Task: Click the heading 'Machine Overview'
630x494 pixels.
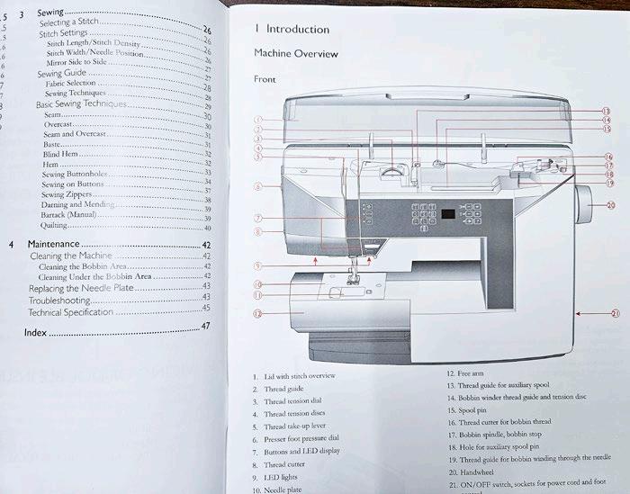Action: click(296, 54)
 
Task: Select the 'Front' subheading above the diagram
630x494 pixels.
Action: click(265, 79)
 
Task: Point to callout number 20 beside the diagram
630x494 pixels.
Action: click(611, 206)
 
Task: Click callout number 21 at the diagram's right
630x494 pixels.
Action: click(615, 314)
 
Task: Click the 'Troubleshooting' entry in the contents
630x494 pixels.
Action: click(59, 298)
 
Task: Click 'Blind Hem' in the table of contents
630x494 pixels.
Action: click(61, 154)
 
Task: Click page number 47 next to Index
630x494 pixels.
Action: click(205, 326)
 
